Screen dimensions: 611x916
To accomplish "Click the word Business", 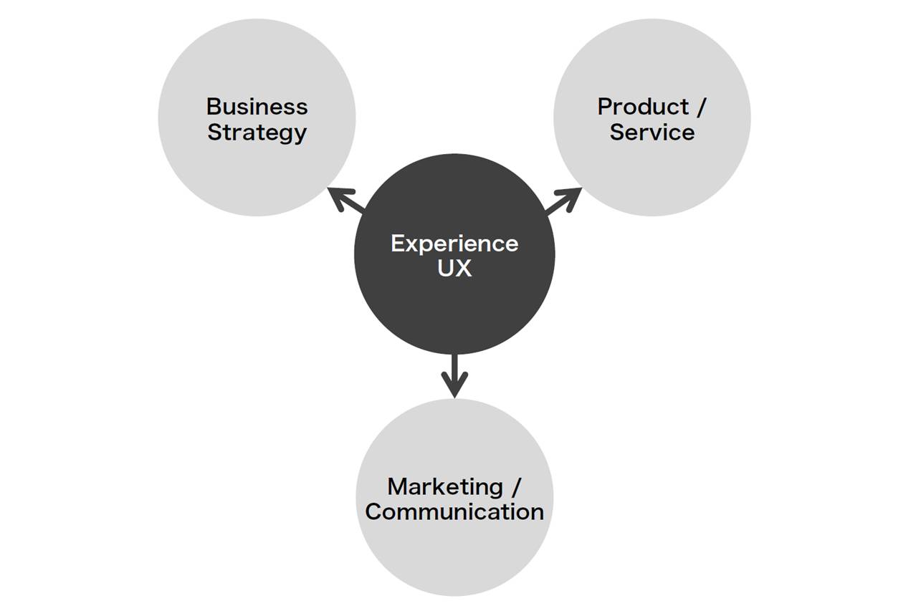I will point(257,107).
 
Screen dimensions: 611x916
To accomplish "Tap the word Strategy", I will point(257,133).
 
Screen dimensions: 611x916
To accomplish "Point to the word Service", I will point(652,133).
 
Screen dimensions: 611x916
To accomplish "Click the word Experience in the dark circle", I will point(454,244).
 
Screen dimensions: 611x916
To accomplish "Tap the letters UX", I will point(454,269).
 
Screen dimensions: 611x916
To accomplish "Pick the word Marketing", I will point(445,486).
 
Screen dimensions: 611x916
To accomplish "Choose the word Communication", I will point(454,512).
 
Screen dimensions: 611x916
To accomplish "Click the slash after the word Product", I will point(700,107).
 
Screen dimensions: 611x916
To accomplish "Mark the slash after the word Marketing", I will point(515,487).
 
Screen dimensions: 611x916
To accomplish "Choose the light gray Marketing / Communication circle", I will point(454,559).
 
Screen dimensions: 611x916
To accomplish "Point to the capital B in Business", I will point(214,107).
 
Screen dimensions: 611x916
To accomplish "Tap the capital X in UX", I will point(463,269).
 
